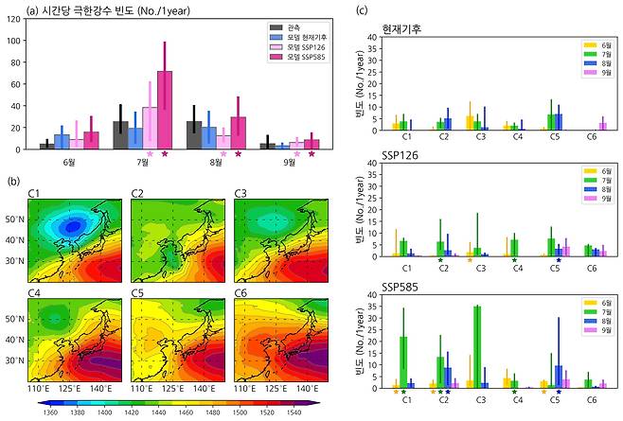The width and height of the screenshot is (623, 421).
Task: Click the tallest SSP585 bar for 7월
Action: (x=165, y=110)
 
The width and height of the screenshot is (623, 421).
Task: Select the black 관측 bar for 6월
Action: (x=46, y=146)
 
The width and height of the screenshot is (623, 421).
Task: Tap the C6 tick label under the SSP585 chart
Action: (x=591, y=400)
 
